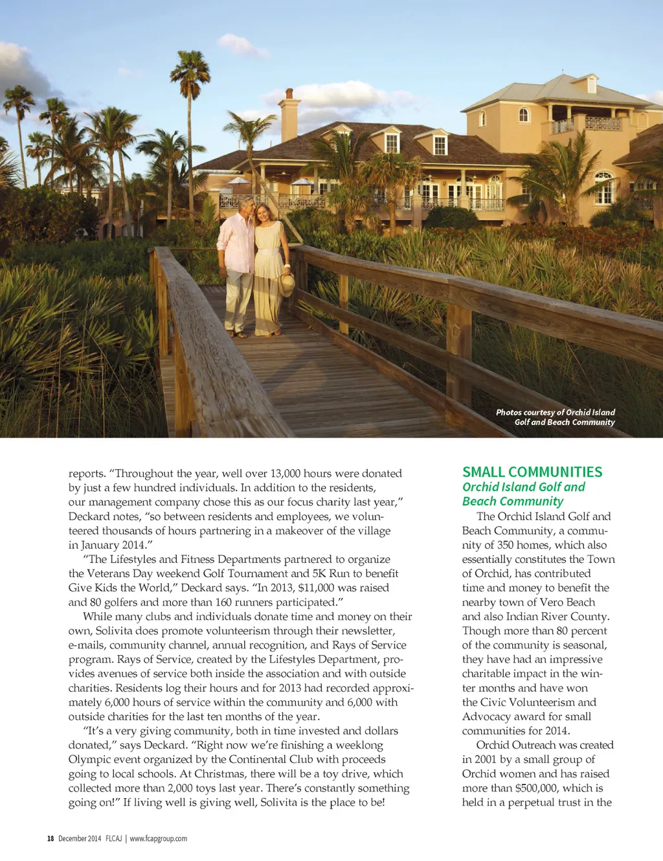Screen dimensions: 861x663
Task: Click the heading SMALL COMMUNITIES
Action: pos(532,472)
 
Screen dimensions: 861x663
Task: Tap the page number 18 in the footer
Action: pos(51,838)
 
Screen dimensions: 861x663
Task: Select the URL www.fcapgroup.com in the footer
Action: pos(158,838)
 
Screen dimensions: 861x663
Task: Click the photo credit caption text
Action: pos(556,417)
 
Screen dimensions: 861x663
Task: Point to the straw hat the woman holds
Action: pos(287,283)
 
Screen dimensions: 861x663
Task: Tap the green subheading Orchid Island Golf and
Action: pos(523,487)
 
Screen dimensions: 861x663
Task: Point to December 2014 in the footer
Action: pos(80,838)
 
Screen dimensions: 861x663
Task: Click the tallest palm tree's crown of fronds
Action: pos(190,67)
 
